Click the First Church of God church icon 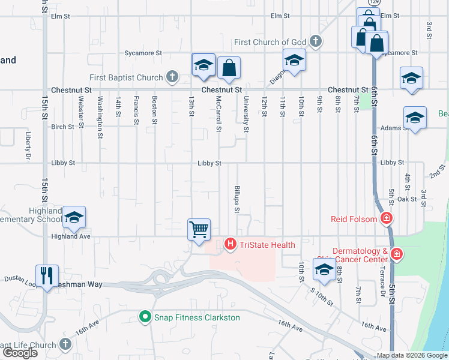tap(316, 42)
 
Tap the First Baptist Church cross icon tap(172, 77)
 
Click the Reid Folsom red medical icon tap(387, 218)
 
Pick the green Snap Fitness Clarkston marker tap(145, 317)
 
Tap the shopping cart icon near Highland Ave tap(199, 230)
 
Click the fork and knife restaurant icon tap(47, 276)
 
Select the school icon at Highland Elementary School tap(74, 217)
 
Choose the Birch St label tap(63, 127)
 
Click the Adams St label tap(391, 127)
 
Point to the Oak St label tap(406, 199)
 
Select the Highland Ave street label tap(68, 236)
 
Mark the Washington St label tap(100, 110)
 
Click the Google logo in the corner tap(20, 352)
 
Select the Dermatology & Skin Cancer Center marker tap(396, 255)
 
